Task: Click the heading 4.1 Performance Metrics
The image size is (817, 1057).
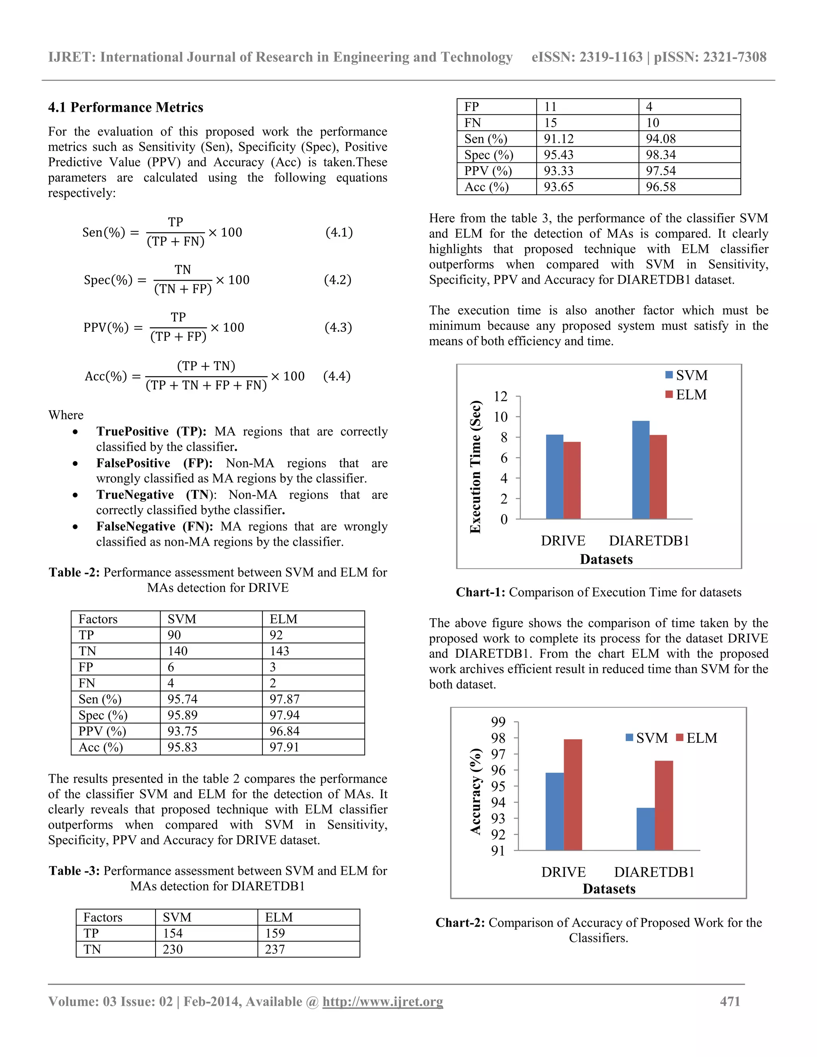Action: pos(125,107)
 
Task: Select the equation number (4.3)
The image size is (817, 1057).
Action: pos(338,327)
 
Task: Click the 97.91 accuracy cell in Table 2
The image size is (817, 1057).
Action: pos(284,747)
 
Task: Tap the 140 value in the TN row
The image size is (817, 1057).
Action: pos(177,651)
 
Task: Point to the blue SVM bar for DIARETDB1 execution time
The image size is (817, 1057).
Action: pos(640,469)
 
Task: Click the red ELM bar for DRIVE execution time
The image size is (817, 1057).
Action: pos(572,480)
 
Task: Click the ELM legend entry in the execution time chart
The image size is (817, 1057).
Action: pos(686,395)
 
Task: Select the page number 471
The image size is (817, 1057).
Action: pos(730,1001)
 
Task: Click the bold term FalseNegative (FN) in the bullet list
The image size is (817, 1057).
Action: pos(154,527)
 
